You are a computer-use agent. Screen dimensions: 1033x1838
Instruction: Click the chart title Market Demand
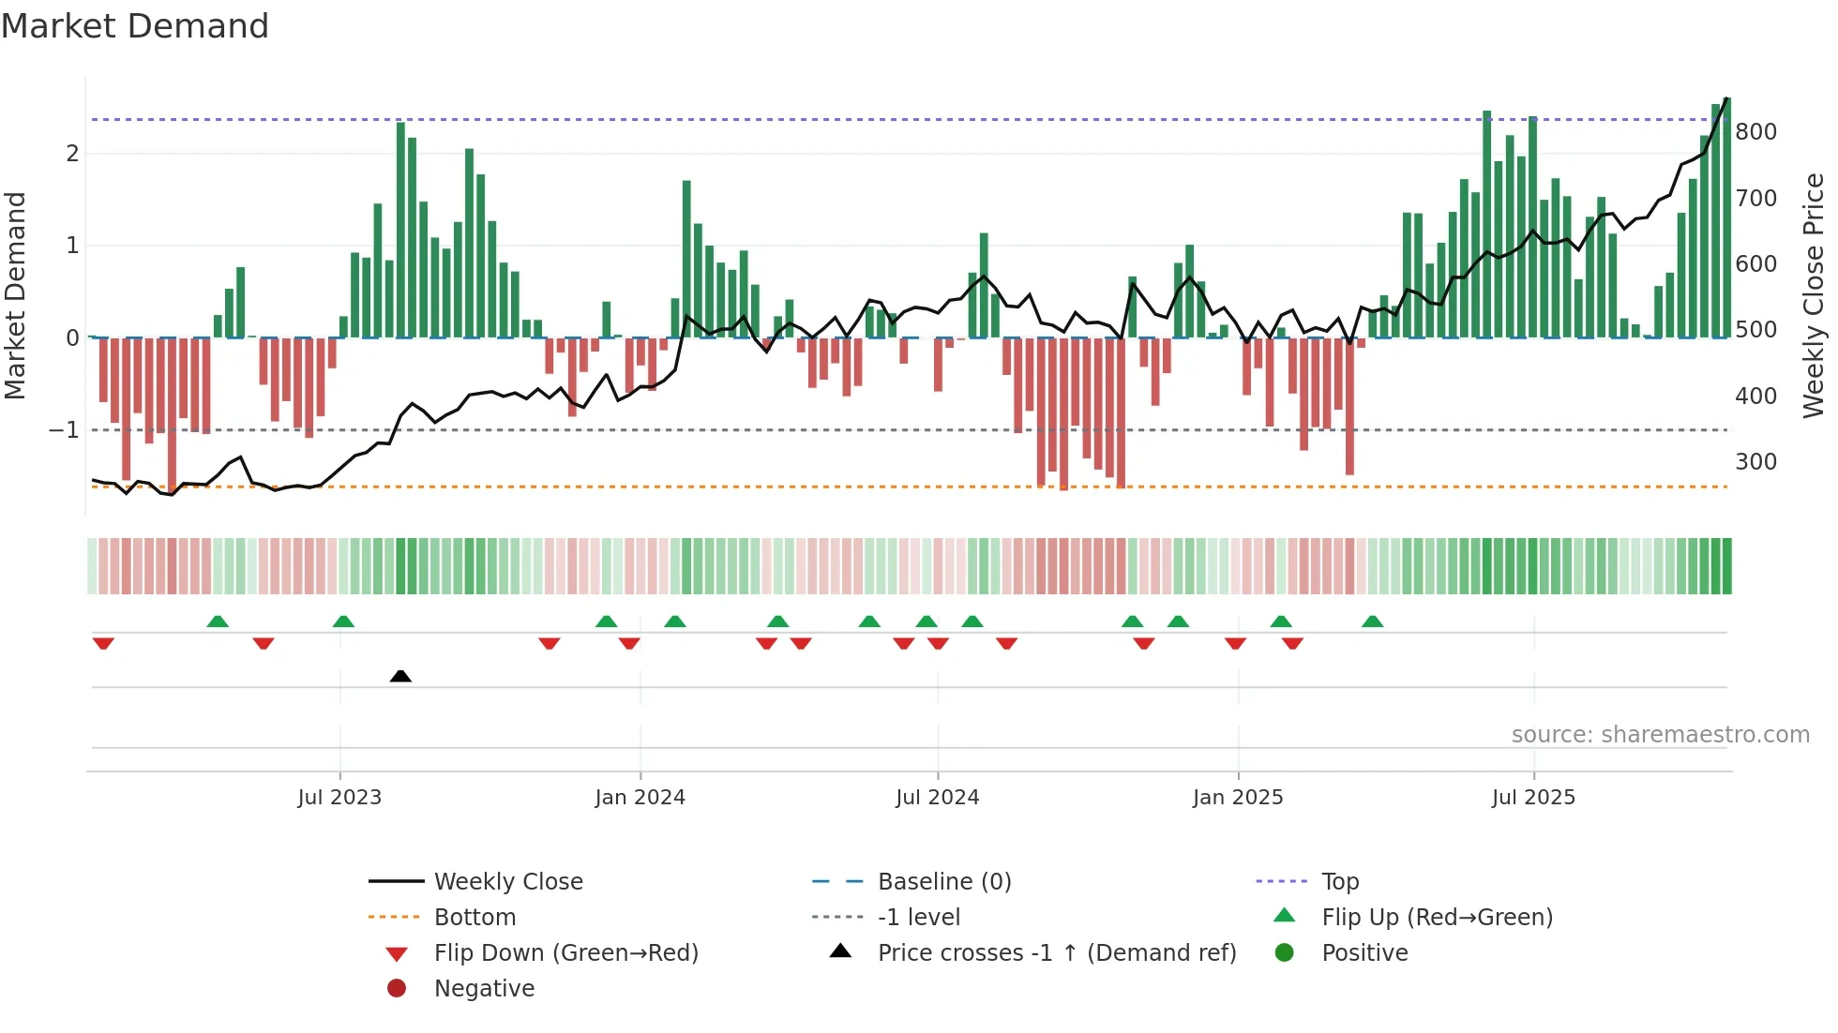135,26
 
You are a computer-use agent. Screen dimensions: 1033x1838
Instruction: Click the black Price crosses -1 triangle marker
400,676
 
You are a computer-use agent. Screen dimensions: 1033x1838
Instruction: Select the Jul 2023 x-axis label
339,798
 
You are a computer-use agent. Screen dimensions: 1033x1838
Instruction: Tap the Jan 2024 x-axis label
640,798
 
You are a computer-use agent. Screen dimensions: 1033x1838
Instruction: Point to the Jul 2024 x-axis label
937,798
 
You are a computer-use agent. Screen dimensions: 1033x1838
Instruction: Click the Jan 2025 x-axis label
1238,798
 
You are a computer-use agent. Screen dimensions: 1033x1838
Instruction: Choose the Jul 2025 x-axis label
1533,798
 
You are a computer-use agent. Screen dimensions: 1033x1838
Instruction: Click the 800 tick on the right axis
1755,132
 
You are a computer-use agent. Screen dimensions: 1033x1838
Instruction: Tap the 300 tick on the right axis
1755,462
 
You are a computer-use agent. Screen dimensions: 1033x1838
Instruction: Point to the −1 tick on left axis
65,430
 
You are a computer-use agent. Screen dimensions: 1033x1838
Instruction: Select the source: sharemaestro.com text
1660,735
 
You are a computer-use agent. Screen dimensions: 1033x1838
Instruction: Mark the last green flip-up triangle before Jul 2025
1373,621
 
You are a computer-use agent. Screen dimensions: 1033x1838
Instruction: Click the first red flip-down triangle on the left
103,643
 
